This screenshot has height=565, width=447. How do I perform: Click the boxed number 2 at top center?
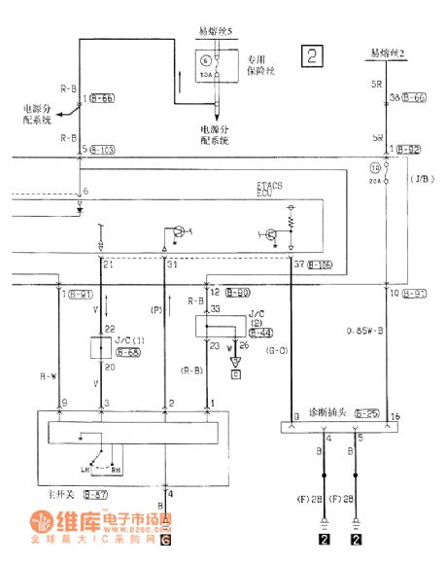point(312,55)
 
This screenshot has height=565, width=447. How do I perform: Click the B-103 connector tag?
point(102,150)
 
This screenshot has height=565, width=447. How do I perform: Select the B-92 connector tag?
point(405,150)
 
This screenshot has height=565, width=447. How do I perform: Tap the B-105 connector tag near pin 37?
point(323,264)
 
